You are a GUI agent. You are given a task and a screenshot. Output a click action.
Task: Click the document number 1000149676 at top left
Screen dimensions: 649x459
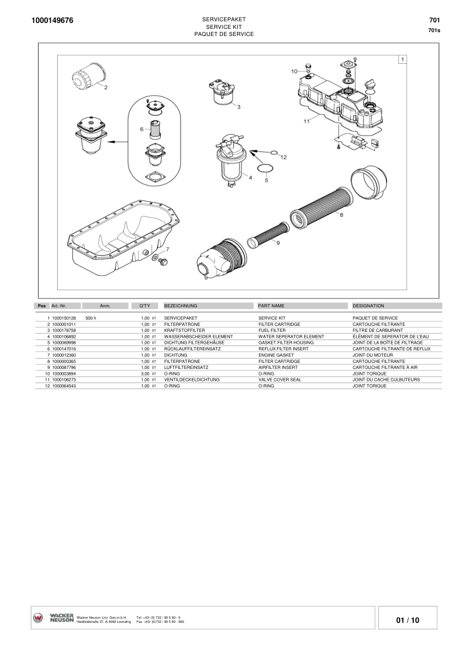tap(52, 21)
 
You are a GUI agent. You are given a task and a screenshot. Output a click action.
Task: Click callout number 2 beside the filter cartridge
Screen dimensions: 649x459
tap(105, 87)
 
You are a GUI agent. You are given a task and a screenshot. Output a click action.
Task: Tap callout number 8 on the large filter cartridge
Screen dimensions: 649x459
tap(341, 215)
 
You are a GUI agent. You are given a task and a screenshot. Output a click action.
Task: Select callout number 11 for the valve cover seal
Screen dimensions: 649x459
tap(306, 121)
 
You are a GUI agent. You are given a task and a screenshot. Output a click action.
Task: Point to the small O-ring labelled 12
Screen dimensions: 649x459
tap(274, 153)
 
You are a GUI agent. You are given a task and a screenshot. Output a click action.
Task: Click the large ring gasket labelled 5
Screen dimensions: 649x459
tap(265, 167)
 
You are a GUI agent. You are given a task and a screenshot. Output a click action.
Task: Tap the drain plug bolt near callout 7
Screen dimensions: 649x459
tap(161, 263)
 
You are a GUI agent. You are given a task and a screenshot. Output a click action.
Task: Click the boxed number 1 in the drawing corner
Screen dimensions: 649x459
tap(402, 59)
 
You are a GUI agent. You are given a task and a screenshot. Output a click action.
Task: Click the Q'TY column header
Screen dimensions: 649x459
tap(144, 306)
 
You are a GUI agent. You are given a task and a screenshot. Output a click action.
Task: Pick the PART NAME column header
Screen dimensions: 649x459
tap(271, 306)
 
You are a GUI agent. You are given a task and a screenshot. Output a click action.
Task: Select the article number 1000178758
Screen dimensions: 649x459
tap(64, 330)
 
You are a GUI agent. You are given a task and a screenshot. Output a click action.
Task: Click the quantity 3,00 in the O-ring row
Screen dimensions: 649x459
tap(145, 374)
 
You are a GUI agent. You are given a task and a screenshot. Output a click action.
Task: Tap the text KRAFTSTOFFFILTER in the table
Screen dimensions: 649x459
tap(184, 330)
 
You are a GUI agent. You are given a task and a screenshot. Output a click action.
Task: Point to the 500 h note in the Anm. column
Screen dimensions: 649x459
tap(91, 318)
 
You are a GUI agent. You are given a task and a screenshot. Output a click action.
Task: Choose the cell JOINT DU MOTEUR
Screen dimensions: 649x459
tap(372, 355)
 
